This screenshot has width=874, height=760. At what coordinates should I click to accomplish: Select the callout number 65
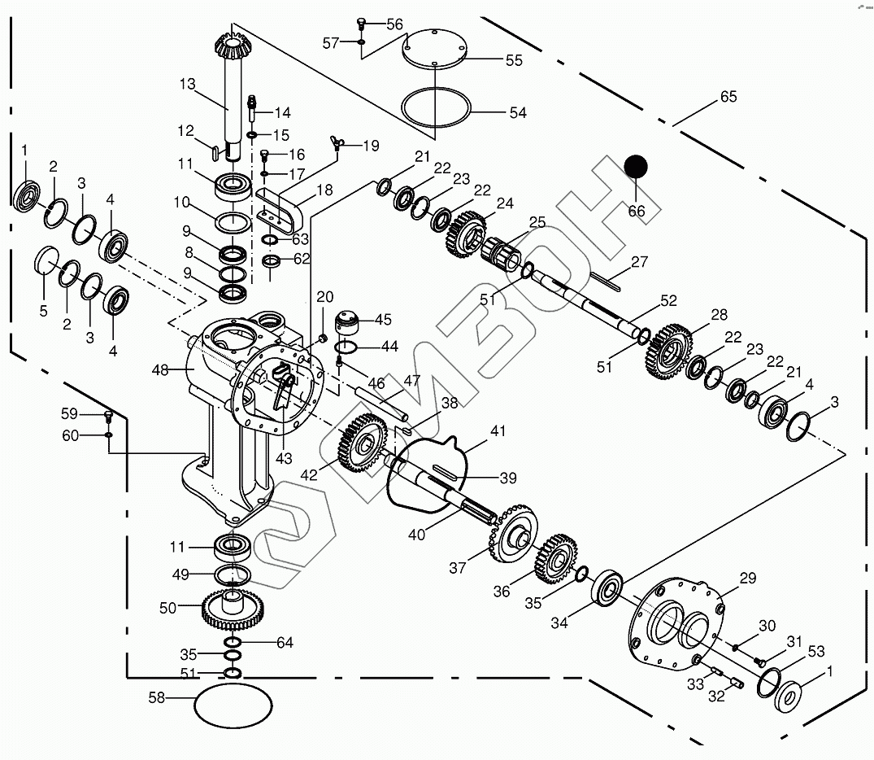[x=728, y=97]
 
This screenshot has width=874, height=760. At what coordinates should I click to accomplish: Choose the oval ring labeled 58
[x=233, y=703]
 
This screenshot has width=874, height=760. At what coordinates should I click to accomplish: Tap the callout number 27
[x=639, y=262]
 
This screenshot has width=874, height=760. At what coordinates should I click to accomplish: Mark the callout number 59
[x=70, y=413]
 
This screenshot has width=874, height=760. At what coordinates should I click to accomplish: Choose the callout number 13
[x=188, y=84]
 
